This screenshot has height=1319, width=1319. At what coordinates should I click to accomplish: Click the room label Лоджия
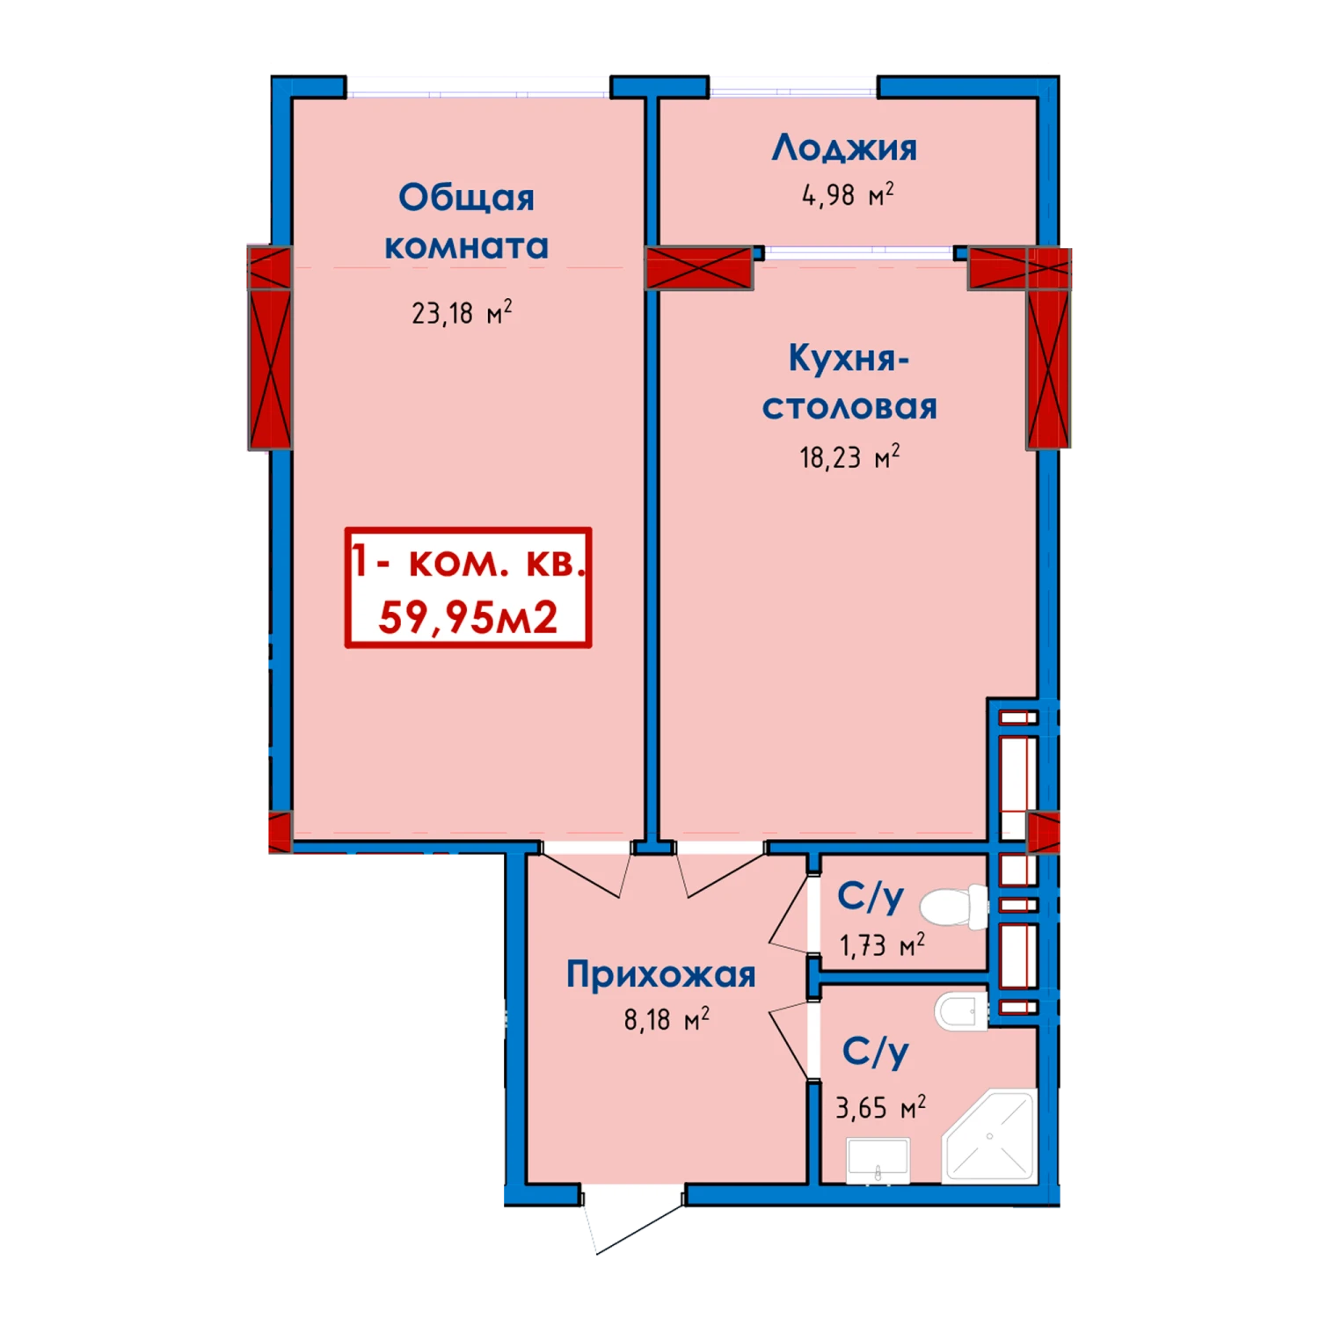[844, 149]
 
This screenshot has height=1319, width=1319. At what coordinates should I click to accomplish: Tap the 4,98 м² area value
[848, 194]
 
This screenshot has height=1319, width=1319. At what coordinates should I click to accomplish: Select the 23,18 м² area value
[462, 312]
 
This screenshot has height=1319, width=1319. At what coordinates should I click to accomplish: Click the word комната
[466, 246]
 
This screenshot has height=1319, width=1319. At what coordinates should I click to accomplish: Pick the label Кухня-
[849, 359]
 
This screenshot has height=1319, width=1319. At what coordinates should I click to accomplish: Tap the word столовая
[849, 407]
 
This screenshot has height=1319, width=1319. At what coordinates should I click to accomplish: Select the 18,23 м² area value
[849, 456]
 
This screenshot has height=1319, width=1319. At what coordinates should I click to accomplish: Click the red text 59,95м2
[468, 616]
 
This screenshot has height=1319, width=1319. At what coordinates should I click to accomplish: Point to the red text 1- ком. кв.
[468, 561]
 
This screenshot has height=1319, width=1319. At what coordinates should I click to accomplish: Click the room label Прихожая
[660, 974]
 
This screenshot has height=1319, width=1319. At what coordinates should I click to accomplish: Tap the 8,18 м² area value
[667, 1019]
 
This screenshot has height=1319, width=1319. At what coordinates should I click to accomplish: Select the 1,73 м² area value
[882, 945]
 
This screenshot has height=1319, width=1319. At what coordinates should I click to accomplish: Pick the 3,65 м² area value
[880, 1107]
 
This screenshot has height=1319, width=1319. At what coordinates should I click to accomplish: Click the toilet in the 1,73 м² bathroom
[954, 907]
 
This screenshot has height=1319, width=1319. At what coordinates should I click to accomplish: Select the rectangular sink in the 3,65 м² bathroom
[878, 1161]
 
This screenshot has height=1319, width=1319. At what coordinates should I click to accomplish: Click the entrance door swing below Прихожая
[633, 1222]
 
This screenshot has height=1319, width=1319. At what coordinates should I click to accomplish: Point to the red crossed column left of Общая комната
[270, 348]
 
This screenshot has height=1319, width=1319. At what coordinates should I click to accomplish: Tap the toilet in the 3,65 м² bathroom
[961, 1011]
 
